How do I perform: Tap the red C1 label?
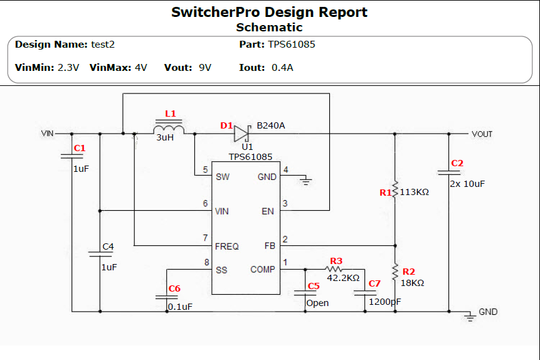click(x=79, y=149)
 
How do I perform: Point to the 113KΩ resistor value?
click(x=414, y=192)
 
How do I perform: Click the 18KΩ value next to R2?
click(x=412, y=283)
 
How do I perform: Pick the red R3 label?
click(x=336, y=261)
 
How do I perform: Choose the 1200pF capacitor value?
click(x=384, y=302)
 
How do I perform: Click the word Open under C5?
click(x=317, y=303)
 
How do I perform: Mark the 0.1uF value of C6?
click(x=180, y=307)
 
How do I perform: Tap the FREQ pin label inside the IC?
click(x=226, y=246)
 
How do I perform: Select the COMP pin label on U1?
click(x=263, y=270)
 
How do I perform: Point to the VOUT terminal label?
click(x=482, y=134)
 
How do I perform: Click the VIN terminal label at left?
click(x=48, y=134)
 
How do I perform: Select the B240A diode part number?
click(x=271, y=125)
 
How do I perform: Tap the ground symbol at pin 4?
click(x=306, y=181)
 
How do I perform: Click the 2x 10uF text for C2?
click(x=468, y=184)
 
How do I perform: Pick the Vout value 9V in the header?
click(x=205, y=67)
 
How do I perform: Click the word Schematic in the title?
click(x=269, y=27)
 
